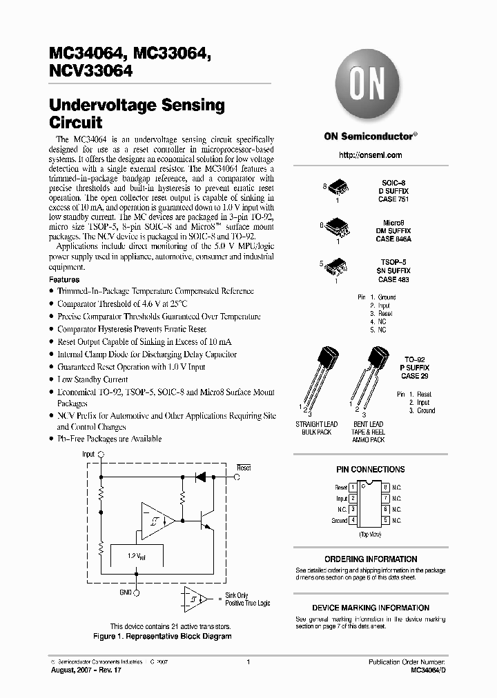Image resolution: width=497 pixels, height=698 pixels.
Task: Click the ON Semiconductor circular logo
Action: tap(370, 87)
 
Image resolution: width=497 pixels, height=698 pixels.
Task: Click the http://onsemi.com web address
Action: tap(370, 155)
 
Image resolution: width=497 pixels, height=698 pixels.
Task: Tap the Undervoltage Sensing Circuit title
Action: tap(137, 114)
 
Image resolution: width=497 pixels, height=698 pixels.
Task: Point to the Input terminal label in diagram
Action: tap(88, 455)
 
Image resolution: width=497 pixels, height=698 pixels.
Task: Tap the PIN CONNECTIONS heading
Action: tap(370, 470)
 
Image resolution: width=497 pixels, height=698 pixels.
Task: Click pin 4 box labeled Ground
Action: tap(353, 520)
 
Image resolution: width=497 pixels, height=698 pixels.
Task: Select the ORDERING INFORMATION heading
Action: tap(370, 559)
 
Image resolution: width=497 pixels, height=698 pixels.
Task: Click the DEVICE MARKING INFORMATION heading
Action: tap(370, 608)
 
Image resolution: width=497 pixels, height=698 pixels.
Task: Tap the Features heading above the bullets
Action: tap(64, 280)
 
